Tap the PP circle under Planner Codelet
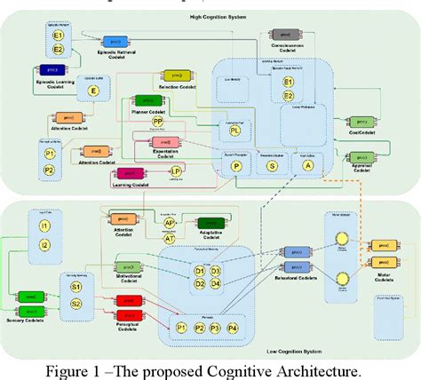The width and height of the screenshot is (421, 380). point(157,121)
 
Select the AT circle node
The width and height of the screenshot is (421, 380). point(169,239)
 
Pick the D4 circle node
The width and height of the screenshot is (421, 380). point(216,284)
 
